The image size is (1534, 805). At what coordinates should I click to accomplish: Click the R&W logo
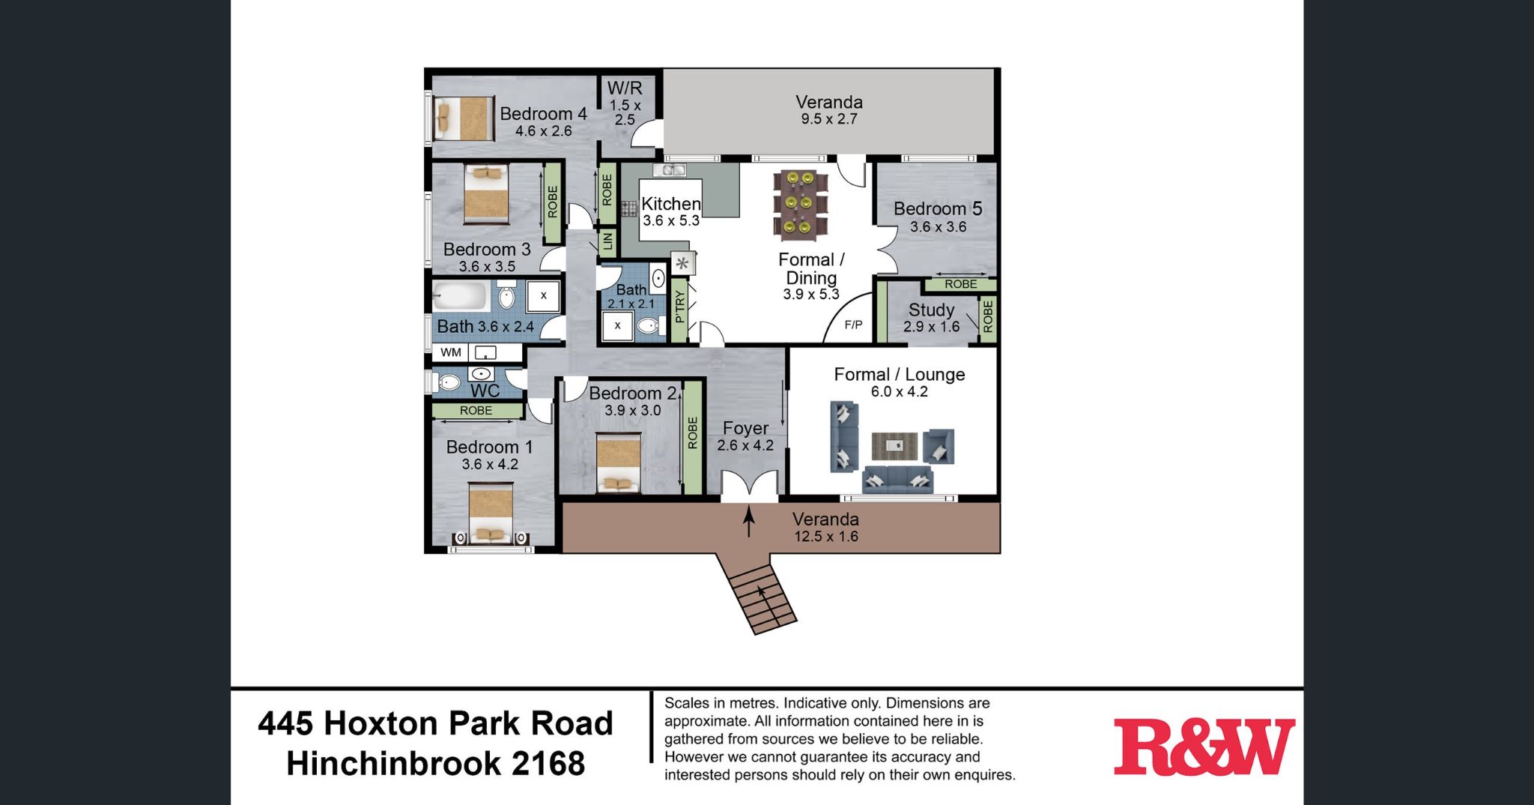[x=1204, y=747]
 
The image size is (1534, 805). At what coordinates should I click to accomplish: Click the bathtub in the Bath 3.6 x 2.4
[x=461, y=297]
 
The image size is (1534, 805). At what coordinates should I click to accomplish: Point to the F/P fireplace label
[x=853, y=325]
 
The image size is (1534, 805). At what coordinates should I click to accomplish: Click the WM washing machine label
[x=451, y=352]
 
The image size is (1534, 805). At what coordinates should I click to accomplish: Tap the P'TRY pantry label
[x=679, y=307]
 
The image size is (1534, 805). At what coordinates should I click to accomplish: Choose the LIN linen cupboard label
[x=607, y=241]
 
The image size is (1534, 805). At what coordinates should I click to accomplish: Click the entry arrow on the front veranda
[x=748, y=522]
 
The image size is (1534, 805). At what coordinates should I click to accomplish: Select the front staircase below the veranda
[x=758, y=597]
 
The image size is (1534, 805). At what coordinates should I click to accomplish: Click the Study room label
[x=931, y=310]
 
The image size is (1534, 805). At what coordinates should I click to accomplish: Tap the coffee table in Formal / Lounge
[x=894, y=446]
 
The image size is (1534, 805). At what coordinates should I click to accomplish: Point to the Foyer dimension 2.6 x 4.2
[x=745, y=445]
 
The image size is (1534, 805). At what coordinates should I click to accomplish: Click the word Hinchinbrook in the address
[x=396, y=764]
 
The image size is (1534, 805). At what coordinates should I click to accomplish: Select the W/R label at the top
[x=625, y=88]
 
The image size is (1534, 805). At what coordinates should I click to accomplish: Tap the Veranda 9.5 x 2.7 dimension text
[x=828, y=119]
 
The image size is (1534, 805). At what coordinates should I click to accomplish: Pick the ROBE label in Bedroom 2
[x=693, y=433]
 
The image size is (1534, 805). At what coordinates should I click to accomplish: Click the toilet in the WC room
[x=449, y=382]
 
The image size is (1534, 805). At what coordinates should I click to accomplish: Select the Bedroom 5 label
[x=938, y=208]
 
